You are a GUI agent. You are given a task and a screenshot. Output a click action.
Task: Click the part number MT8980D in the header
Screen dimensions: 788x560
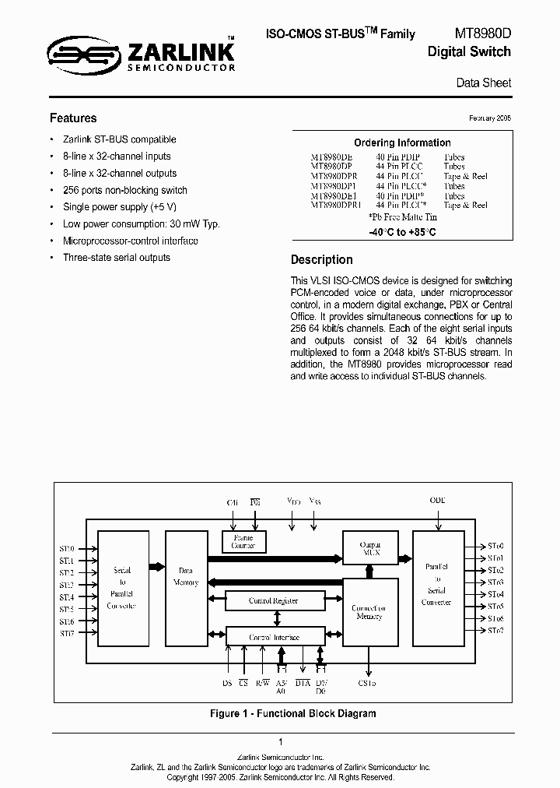point(482,33)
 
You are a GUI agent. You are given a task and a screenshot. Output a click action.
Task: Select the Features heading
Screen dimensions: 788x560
point(73,118)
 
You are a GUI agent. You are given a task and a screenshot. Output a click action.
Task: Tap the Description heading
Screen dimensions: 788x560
point(321,260)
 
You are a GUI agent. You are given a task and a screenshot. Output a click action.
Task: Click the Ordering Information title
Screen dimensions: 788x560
point(402,143)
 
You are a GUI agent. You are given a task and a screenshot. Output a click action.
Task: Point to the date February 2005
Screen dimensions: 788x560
point(490,118)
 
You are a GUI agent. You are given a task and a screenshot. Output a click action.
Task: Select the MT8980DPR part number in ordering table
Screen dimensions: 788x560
point(333,176)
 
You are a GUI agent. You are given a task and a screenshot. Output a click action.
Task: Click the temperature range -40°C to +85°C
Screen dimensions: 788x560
point(402,232)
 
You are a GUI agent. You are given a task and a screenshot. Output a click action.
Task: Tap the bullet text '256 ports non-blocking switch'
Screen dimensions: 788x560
point(124,190)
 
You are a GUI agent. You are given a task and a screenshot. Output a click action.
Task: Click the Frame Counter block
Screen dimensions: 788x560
point(243,541)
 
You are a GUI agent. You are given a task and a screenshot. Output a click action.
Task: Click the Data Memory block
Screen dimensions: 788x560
point(187,577)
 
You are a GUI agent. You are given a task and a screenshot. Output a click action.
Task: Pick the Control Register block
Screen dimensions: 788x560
point(273,600)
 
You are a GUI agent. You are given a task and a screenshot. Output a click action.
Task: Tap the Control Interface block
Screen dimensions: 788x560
point(273,637)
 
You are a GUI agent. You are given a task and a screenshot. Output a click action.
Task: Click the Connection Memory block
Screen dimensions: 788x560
point(369,612)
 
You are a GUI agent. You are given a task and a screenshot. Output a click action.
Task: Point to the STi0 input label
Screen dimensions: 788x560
point(67,549)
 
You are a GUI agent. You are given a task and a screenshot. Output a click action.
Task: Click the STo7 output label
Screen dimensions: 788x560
point(495,630)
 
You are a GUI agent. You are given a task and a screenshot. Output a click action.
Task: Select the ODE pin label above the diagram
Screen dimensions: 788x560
point(437,500)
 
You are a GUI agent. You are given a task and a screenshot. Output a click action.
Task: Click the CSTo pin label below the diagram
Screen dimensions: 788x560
point(367,683)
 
